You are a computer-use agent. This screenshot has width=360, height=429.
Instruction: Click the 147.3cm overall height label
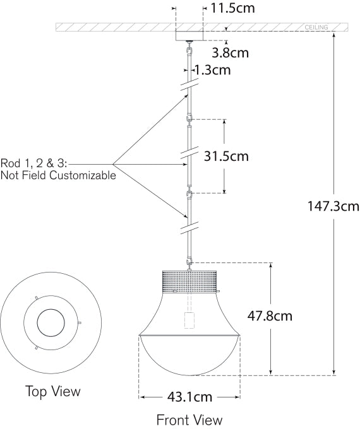point(333,206)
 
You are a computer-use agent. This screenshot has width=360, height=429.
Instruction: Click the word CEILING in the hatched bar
point(316,28)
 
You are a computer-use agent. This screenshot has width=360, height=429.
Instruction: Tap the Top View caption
point(53,391)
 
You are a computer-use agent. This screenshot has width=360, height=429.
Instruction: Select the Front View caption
point(189,419)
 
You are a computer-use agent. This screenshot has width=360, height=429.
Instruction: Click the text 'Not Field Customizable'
point(59,175)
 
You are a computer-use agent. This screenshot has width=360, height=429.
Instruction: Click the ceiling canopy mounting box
point(189,36)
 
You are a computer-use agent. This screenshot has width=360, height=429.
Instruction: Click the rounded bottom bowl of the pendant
point(189,356)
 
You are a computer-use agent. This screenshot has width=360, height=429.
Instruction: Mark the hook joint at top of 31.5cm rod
point(189,119)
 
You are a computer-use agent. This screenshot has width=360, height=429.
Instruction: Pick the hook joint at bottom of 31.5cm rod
point(189,194)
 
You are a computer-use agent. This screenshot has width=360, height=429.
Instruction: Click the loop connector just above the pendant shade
point(189,261)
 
